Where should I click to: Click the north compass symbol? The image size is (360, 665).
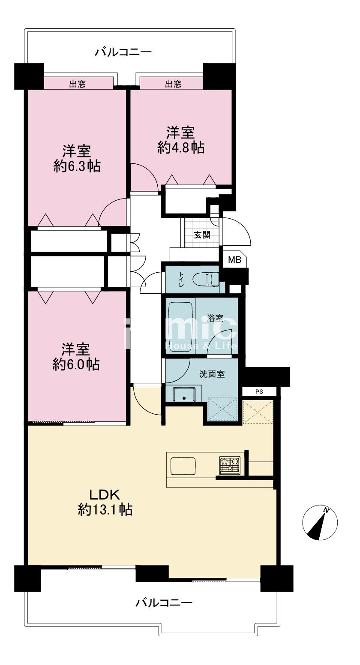click(x=320, y=522)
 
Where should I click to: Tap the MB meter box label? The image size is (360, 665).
click(x=234, y=260)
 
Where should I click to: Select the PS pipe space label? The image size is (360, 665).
click(x=259, y=391)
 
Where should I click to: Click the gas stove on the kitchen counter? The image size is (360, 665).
click(x=230, y=465)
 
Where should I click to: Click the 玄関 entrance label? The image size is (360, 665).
click(x=202, y=235)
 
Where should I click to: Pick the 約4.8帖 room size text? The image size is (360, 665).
click(x=181, y=147)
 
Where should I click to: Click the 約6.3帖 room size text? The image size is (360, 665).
click(x=77, y=166)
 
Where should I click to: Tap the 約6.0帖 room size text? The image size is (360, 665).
click(x=76, y=364)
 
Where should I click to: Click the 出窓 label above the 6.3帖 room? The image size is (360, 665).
click(x=78, y=84)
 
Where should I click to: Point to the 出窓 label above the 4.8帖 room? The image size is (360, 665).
click(x=173, y=84)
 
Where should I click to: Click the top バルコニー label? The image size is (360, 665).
click(x=123, y=52)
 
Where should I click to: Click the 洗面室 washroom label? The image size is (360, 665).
click(x=212, y=374)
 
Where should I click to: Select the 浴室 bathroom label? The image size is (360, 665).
click(x=216, y=318)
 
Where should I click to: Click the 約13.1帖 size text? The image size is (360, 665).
click(x=105, y=510)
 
